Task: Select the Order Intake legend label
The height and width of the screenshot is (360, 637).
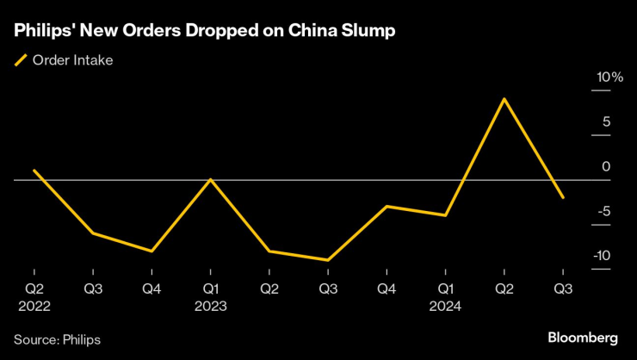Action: pyautogui.click(x=72, y=60)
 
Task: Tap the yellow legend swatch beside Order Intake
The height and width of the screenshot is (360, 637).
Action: pyautogui.click(x=21, y=60)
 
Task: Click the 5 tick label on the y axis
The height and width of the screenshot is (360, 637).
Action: pyautogui.click(x=606, y=122)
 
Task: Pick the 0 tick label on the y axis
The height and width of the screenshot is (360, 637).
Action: pyautogui.click(x=606, y=166)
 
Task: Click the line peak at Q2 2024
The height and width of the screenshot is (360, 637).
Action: pyautogui.click(x=504, y=99)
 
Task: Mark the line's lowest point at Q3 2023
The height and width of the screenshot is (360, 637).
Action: pyautogui.click(x=328, y=259)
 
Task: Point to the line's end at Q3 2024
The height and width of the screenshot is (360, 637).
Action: pyautogui.click(x=563, y=198)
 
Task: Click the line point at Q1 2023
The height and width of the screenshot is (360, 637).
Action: pyautogui.click(x=210, y=179)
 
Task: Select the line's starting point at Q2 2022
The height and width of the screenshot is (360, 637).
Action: pyautogui.click(x=34, y=171)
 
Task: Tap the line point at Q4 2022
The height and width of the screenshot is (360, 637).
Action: pyautogui.click(x=152, y=251)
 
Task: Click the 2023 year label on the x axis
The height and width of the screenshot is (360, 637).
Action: pyautogui.click(x=210, y=306)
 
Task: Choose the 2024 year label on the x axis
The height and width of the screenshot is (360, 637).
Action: pyautogui.click(x=445, y=306)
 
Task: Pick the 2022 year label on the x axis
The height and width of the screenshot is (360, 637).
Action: pyautogui.click(x=34, y=306)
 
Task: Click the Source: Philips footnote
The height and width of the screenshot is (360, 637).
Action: pyautogui.click(x=57, y=339)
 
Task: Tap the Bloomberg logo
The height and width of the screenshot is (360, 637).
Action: pyautogui.click(x=583, y=336)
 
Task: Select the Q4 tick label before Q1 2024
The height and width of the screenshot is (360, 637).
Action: pyautogui.click(x=387, y=289)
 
